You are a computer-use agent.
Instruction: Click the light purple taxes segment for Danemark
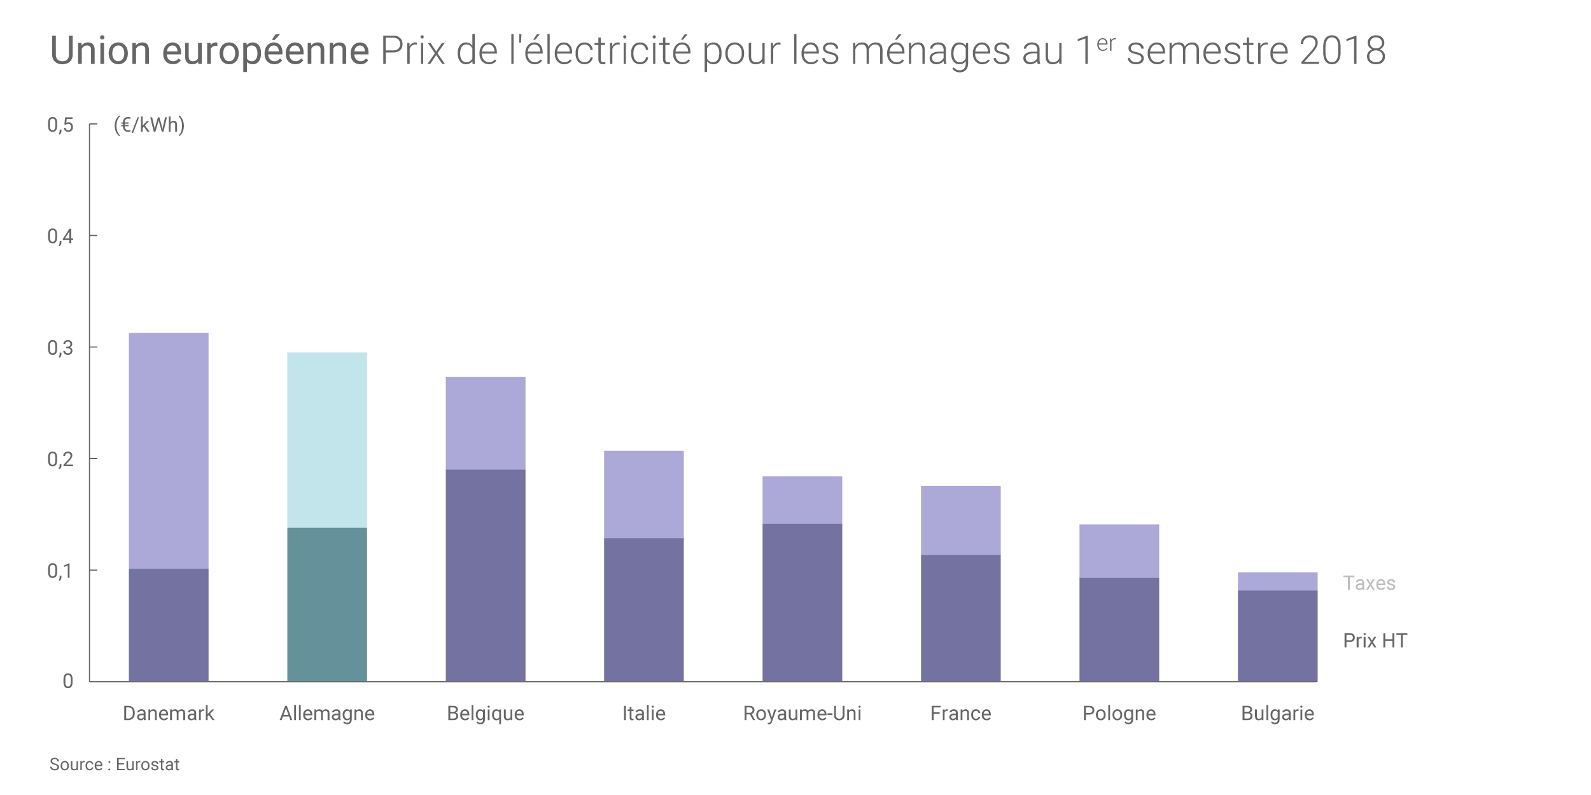169,451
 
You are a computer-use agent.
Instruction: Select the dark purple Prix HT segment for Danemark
169,625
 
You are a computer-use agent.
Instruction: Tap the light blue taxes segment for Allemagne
327,440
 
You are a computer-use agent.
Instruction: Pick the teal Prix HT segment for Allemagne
327,604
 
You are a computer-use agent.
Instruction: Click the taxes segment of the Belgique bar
486,424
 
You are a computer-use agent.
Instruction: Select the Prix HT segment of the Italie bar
643,609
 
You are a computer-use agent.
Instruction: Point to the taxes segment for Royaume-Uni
802,500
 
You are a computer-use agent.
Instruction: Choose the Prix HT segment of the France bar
960,618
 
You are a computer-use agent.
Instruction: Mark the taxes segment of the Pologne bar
1119,551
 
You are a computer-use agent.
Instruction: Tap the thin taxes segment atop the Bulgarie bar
1277,581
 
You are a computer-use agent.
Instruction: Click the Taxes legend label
1369,583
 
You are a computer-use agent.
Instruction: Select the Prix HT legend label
1375,640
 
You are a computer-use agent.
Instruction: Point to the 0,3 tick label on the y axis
60,348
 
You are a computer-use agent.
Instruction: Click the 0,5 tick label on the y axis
60,125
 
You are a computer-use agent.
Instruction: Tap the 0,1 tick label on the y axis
60,571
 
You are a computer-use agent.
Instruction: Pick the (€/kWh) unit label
149,125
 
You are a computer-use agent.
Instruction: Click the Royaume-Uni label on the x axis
802,714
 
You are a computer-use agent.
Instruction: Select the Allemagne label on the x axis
327,714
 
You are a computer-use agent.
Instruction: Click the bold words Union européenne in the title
209,51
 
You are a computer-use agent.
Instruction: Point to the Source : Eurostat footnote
115,764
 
